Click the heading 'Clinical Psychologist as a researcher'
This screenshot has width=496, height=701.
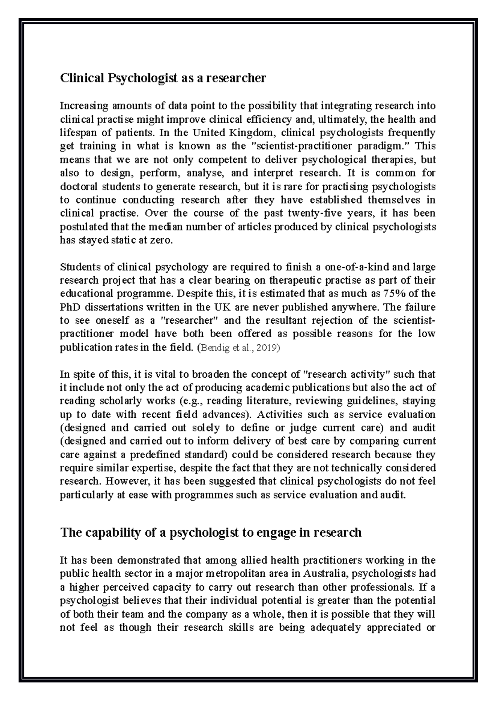point(163,78)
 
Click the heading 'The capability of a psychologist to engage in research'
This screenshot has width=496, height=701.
point(211,533)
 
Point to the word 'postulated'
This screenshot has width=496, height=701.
point(83,227)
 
